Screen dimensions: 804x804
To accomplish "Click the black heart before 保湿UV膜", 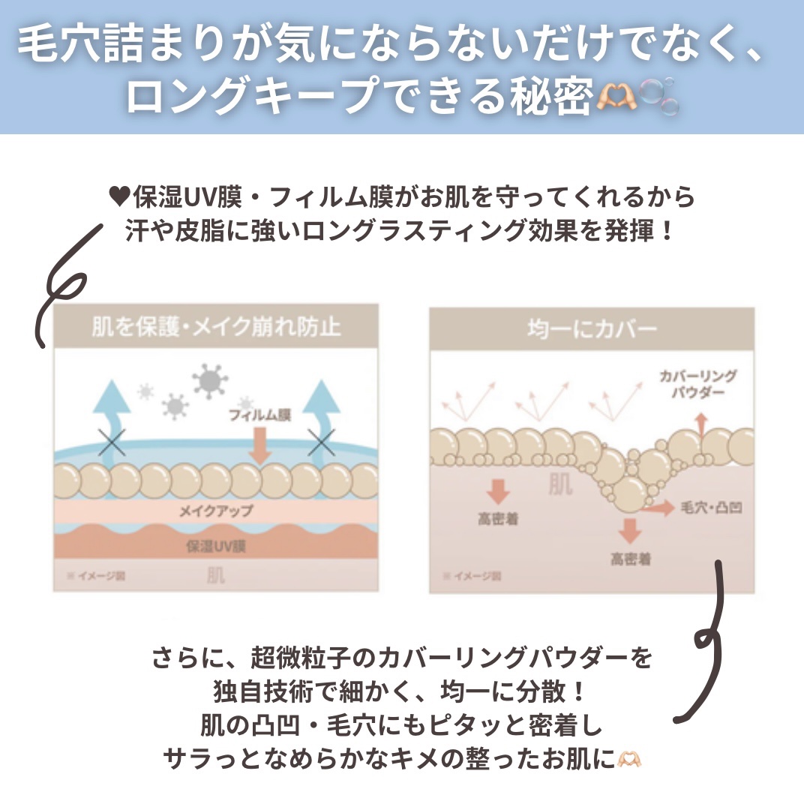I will coord(120,197).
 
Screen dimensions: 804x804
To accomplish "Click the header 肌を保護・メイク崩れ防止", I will coord(216,327).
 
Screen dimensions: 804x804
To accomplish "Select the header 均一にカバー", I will coord(592,328).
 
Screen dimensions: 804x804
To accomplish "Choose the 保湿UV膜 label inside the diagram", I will coord(215,546).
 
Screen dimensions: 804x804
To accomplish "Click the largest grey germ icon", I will coord(209,381).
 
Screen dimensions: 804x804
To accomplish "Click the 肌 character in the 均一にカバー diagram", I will coord(560,484).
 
